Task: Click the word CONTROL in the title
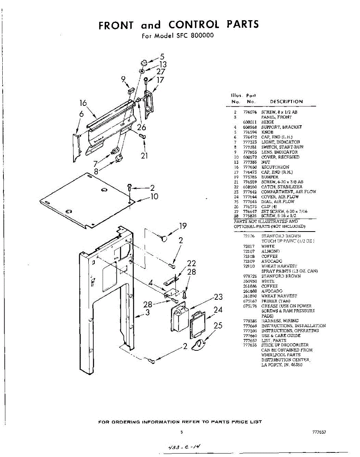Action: coord(194,25)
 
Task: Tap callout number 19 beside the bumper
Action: coord(183,226)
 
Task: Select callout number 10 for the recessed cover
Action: coord(154,197)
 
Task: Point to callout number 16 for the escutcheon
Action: coord(83,103)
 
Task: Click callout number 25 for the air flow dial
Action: coord(218,326)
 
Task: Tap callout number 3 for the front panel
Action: coord(148,313)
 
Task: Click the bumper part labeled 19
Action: coord(164,238)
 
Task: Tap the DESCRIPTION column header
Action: coord(286,102)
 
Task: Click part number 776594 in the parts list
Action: coord(249,132)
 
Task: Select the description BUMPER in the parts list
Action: coord(270,177)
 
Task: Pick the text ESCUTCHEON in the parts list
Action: coord(275,167)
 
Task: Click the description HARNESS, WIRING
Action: coord(280,321)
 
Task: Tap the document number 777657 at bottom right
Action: coord(319,432)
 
